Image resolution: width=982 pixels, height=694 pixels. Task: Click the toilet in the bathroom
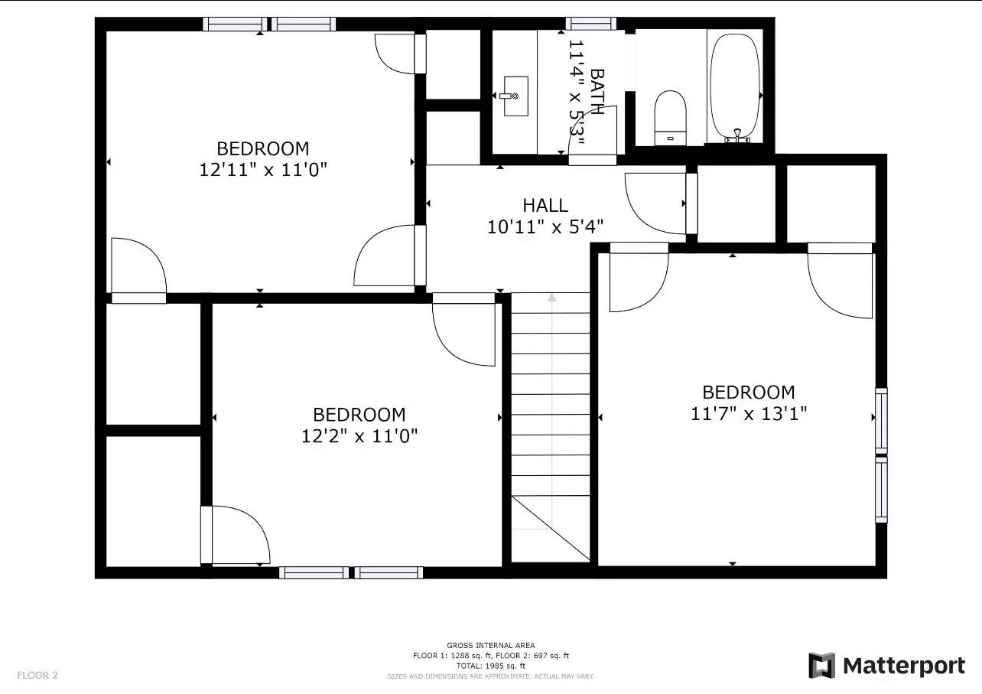click(x=670, y=118)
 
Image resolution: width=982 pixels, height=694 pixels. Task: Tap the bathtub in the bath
click(x=735, y=88)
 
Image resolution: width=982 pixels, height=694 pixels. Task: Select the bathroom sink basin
click(x=515, y=96)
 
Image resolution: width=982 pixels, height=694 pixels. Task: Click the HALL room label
click(x=545, y=205)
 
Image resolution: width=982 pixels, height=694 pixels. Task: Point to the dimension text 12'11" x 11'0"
click(x=263, y=170)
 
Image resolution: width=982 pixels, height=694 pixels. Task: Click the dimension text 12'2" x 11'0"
click(x=359, y=436)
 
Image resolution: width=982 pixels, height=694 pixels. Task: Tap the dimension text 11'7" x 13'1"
click(x=748, y=414)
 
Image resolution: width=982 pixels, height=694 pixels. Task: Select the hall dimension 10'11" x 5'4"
click(x=545, y=226)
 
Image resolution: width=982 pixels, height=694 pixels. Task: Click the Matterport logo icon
click(x=821, y=666)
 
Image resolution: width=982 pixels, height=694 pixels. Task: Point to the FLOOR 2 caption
click(x=37, y=675)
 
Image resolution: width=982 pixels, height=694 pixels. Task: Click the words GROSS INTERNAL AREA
click(x=490, y=645)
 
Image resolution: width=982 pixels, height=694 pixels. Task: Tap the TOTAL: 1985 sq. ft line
click(x=490, y=666)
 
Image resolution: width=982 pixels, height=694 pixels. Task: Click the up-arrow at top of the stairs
click(x=551, y=298)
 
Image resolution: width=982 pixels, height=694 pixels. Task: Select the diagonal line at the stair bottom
click(x=551, y=528)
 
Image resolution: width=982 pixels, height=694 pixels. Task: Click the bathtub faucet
click(x=737, y=136)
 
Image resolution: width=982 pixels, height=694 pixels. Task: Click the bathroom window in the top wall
click(x=590, y=24)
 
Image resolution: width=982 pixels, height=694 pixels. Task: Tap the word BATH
click(x=597, y=92)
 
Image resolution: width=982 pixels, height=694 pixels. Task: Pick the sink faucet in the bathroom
click(x=509, y=96)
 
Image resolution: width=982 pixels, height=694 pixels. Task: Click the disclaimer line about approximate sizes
click(x=490, y=676)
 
